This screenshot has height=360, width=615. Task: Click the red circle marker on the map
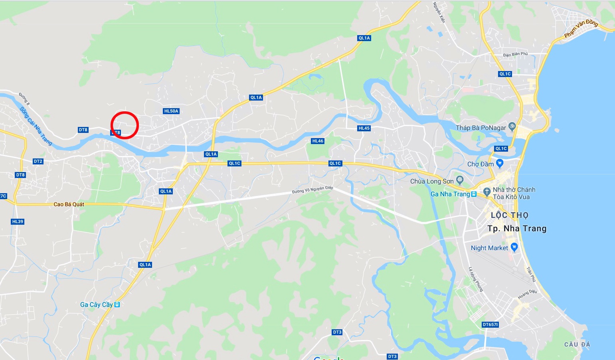click(125, 125)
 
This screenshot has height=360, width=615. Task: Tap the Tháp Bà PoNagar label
click(481, 128)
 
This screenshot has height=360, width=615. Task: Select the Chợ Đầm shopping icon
click(500, 163)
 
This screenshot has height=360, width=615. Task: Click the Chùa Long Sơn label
click(432, 181)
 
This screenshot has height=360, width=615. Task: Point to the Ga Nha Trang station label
click(450, 194)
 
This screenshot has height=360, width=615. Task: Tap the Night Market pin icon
click(514, 247)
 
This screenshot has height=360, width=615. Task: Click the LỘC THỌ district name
click(509, 215)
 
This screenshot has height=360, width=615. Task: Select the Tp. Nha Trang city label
click(517, 229)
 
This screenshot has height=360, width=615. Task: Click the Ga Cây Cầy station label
click(96, 305)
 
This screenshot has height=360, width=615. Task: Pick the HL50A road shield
click(171, 111)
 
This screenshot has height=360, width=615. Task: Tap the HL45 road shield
click(364, 128)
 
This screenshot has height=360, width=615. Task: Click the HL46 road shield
click(318, 141)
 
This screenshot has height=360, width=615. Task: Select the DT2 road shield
click(38, 161)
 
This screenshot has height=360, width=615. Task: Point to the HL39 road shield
click(18, 222)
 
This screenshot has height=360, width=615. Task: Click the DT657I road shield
click(490, 324)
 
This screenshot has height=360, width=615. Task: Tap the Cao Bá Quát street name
click(69, 204)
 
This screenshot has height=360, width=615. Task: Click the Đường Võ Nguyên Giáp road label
click(312, 190)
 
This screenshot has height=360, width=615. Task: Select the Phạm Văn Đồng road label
click(581, 29)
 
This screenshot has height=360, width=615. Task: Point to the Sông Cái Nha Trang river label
click(36, 126)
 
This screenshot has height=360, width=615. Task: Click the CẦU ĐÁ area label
click(577, 344)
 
